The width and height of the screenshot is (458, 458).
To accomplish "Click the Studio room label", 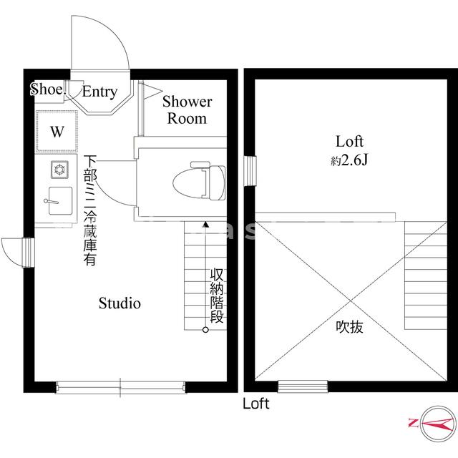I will [x=120, y=303].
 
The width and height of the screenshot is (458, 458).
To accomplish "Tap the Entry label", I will [x=99, y=92].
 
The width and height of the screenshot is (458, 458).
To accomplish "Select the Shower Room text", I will [x=187, y=109].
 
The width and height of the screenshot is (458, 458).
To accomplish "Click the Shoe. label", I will [x=48, y=89].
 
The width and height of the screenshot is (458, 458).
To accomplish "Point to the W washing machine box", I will [x=56, y=132].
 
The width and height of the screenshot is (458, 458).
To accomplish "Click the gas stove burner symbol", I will [x=57, y=170].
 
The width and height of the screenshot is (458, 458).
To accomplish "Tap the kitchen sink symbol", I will [x=57, y=198].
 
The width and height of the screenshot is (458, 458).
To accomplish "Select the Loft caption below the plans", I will [x=255, y=404].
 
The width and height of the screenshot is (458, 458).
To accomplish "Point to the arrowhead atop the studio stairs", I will [x=205, y=225].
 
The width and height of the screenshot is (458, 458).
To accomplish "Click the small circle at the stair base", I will [x=205, y=330].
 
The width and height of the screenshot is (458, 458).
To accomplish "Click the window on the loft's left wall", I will [x=250, y=170].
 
